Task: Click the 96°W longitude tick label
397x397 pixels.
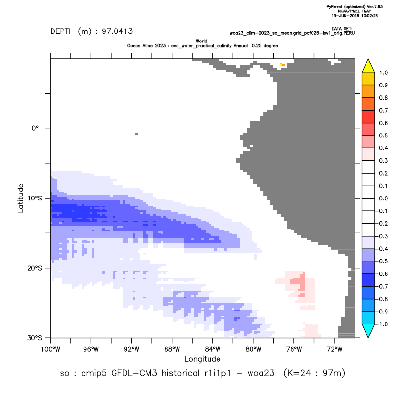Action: point(91,349)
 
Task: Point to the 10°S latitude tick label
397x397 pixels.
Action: point(34,198)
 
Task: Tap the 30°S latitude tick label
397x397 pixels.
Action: point(34,338)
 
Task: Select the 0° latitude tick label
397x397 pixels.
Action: point(35,128)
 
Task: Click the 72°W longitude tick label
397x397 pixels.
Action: point(334,349)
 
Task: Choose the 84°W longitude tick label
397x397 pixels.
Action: point(212,349)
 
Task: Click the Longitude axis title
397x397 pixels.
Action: point(202,359)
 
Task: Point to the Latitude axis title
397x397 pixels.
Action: point(21,198)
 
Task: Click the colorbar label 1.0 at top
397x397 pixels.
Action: point(384,73)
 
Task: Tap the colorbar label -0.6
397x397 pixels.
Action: point(382,274)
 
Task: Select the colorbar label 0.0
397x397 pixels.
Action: point(384,198)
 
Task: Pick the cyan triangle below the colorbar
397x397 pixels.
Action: point(368,330)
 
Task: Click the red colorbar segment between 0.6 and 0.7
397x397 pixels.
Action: point(368,116)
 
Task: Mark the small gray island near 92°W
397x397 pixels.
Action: point(137,134)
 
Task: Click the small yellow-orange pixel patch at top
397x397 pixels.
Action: point(282,65)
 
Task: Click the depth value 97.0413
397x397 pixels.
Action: point(117,31)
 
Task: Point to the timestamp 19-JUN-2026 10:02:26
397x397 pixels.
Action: point(355,16)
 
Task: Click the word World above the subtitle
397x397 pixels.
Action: point(201,41)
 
